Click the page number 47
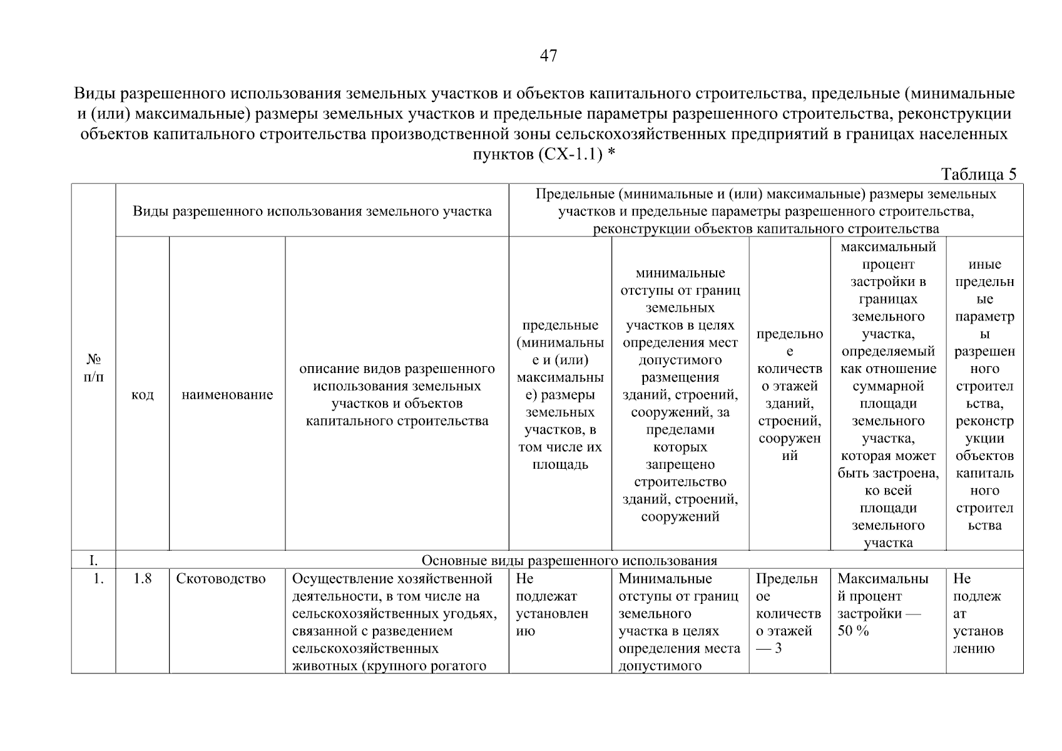[x=548, y=56]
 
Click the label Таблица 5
[x=979, y=174]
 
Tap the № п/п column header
[x=93, y=368]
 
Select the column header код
[x=143, y=395]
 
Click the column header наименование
[x=227, y=395]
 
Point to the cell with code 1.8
[x=143, y=579]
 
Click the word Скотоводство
[x=221, y=579]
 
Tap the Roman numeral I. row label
[x=93, y=560]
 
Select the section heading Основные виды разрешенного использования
[x=569, y=560]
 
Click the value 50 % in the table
[x=853, y=631]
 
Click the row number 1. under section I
[x=98, y=579]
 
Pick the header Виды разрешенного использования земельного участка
[x=312, y=211]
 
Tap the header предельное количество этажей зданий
[x=790, y=395]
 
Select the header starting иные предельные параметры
[x=984, y=395]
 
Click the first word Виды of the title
[x=96, y=95]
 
